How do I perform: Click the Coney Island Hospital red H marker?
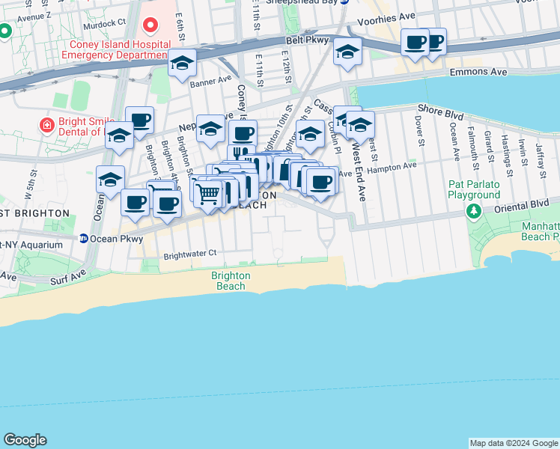click(150, 27)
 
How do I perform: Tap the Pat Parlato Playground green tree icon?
click(473, 212)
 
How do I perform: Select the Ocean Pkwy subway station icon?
click(84, 239)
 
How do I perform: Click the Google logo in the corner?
click(25, 440)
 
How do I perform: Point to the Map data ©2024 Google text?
click(513, 443)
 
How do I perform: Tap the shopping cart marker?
click(209, 194)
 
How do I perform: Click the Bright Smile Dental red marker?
click(46, 124)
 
